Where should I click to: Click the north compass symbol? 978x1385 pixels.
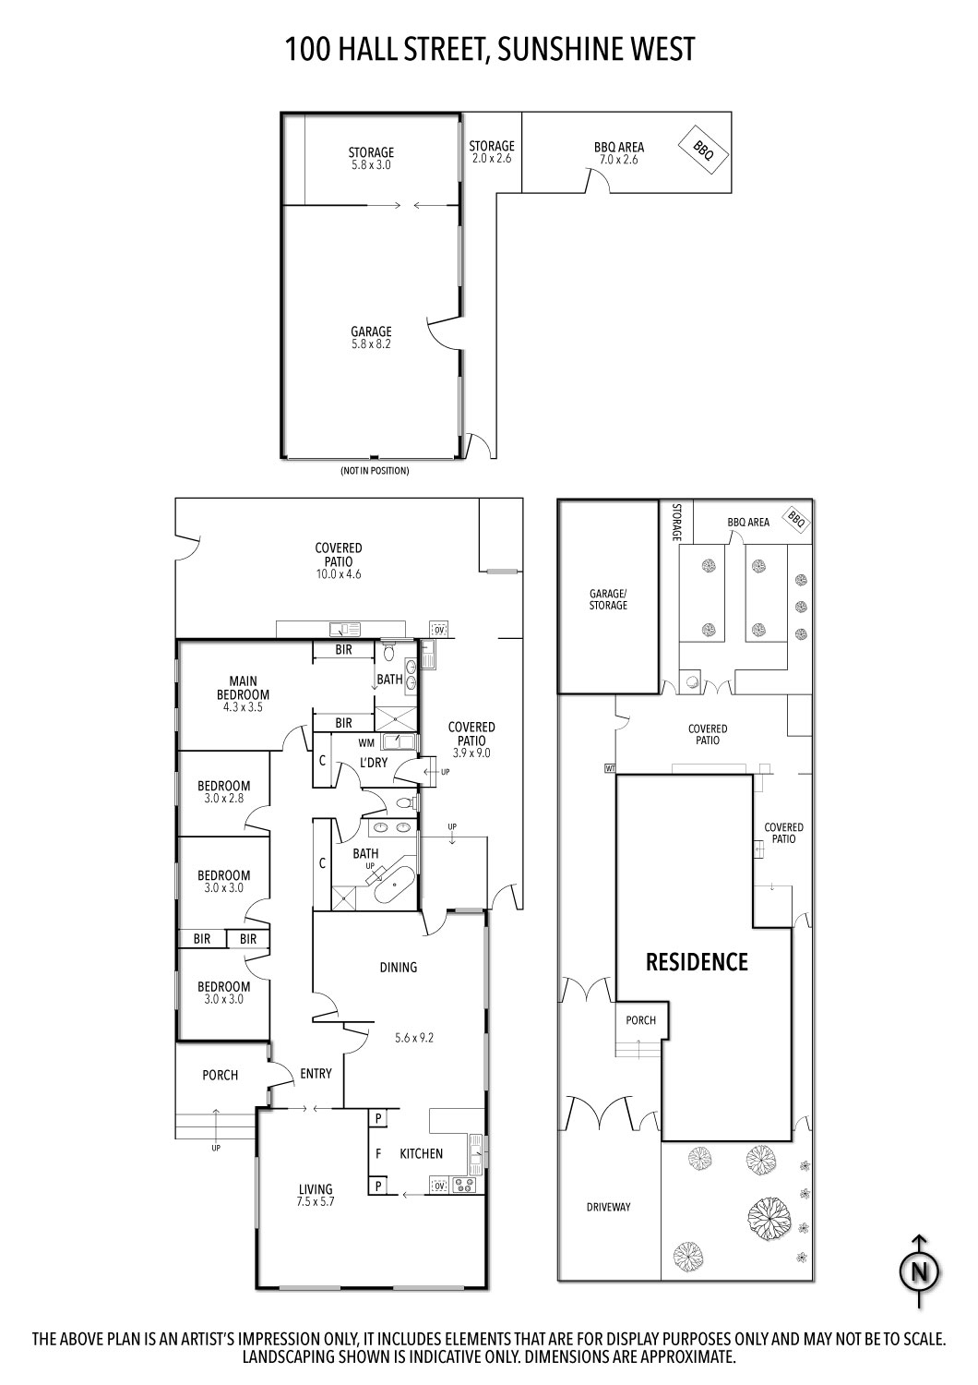click(919, 1271)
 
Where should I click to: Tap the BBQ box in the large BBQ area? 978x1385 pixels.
click(703, 147)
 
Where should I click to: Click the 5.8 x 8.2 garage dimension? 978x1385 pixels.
click(371, 344)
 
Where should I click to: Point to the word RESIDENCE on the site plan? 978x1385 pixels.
click(697, 962)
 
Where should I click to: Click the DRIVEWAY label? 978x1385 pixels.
click(609, 1207)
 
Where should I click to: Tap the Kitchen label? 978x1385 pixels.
click(421, 1153)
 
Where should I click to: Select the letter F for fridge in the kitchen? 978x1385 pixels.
click(377, 1153)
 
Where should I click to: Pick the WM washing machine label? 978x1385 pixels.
click(366, 741)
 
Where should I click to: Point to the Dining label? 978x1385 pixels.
click(399, 967)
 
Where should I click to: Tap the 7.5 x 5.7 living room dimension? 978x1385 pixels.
click(315, 1202)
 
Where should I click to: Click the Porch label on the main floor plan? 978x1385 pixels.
click(220, 1075)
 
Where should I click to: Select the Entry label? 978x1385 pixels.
click(316, 1073)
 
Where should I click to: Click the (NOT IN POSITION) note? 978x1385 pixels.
click(374, 471)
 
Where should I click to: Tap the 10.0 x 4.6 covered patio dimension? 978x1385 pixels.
click(339, 574)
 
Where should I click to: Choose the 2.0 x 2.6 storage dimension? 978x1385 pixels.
click(491, 159)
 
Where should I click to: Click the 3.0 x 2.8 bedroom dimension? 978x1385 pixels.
click(223, 799)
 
